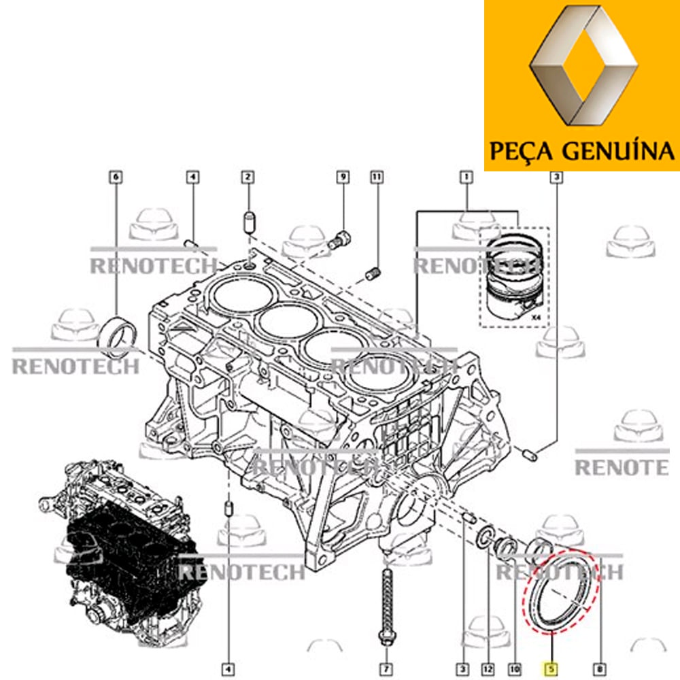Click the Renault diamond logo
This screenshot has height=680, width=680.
pos(583,67)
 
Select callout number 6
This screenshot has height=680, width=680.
pos(116,177)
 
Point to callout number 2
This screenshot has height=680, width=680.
pos(248,177)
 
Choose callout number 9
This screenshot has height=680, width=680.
pos(343,177)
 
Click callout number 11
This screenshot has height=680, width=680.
pos(377,177)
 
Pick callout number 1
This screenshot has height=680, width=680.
pos(466,177)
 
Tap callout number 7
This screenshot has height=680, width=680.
pos(386,669)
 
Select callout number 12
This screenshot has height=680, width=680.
pos(488,669)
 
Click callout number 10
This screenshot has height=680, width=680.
pos(515,669)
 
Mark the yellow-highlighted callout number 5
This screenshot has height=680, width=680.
pos(551,669)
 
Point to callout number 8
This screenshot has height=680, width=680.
pos(600,669)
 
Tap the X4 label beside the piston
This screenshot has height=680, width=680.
pos(537,318)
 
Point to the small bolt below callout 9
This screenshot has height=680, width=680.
pos(339,240)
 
